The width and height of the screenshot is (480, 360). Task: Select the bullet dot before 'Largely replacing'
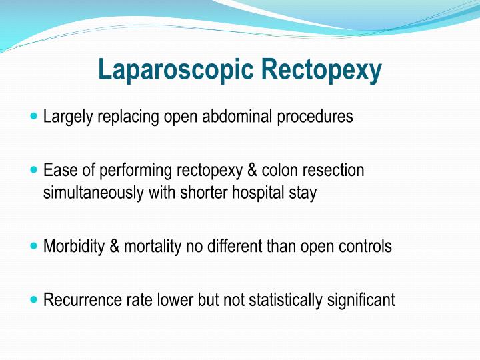[x=35, y=116]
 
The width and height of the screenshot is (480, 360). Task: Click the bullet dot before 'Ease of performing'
[x=35, y=170]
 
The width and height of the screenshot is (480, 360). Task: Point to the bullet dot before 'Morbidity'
[x=35, y=246]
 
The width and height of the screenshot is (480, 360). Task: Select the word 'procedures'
[x=317, y=117]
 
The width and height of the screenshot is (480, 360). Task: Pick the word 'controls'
[x=366, y=247]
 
